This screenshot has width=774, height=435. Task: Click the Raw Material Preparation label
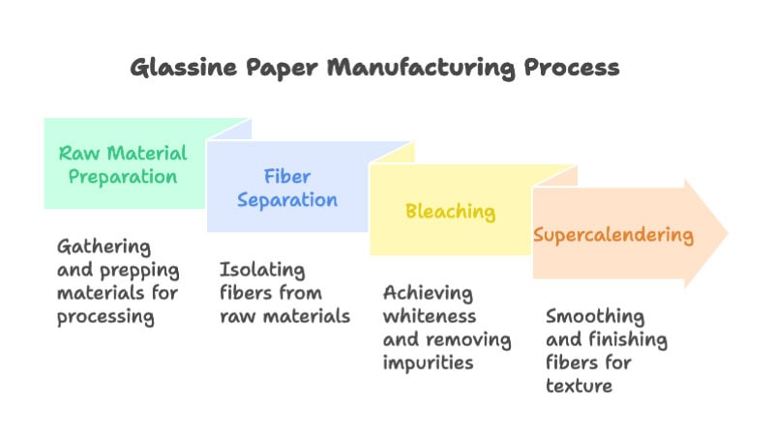pos(123,164)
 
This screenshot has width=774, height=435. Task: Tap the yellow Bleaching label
pos(450,211)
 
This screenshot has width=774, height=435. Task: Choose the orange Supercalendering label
pos(613,235)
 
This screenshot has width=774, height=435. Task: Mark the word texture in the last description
pos(579,386)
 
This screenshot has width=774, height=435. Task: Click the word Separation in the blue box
pos(300,200)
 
